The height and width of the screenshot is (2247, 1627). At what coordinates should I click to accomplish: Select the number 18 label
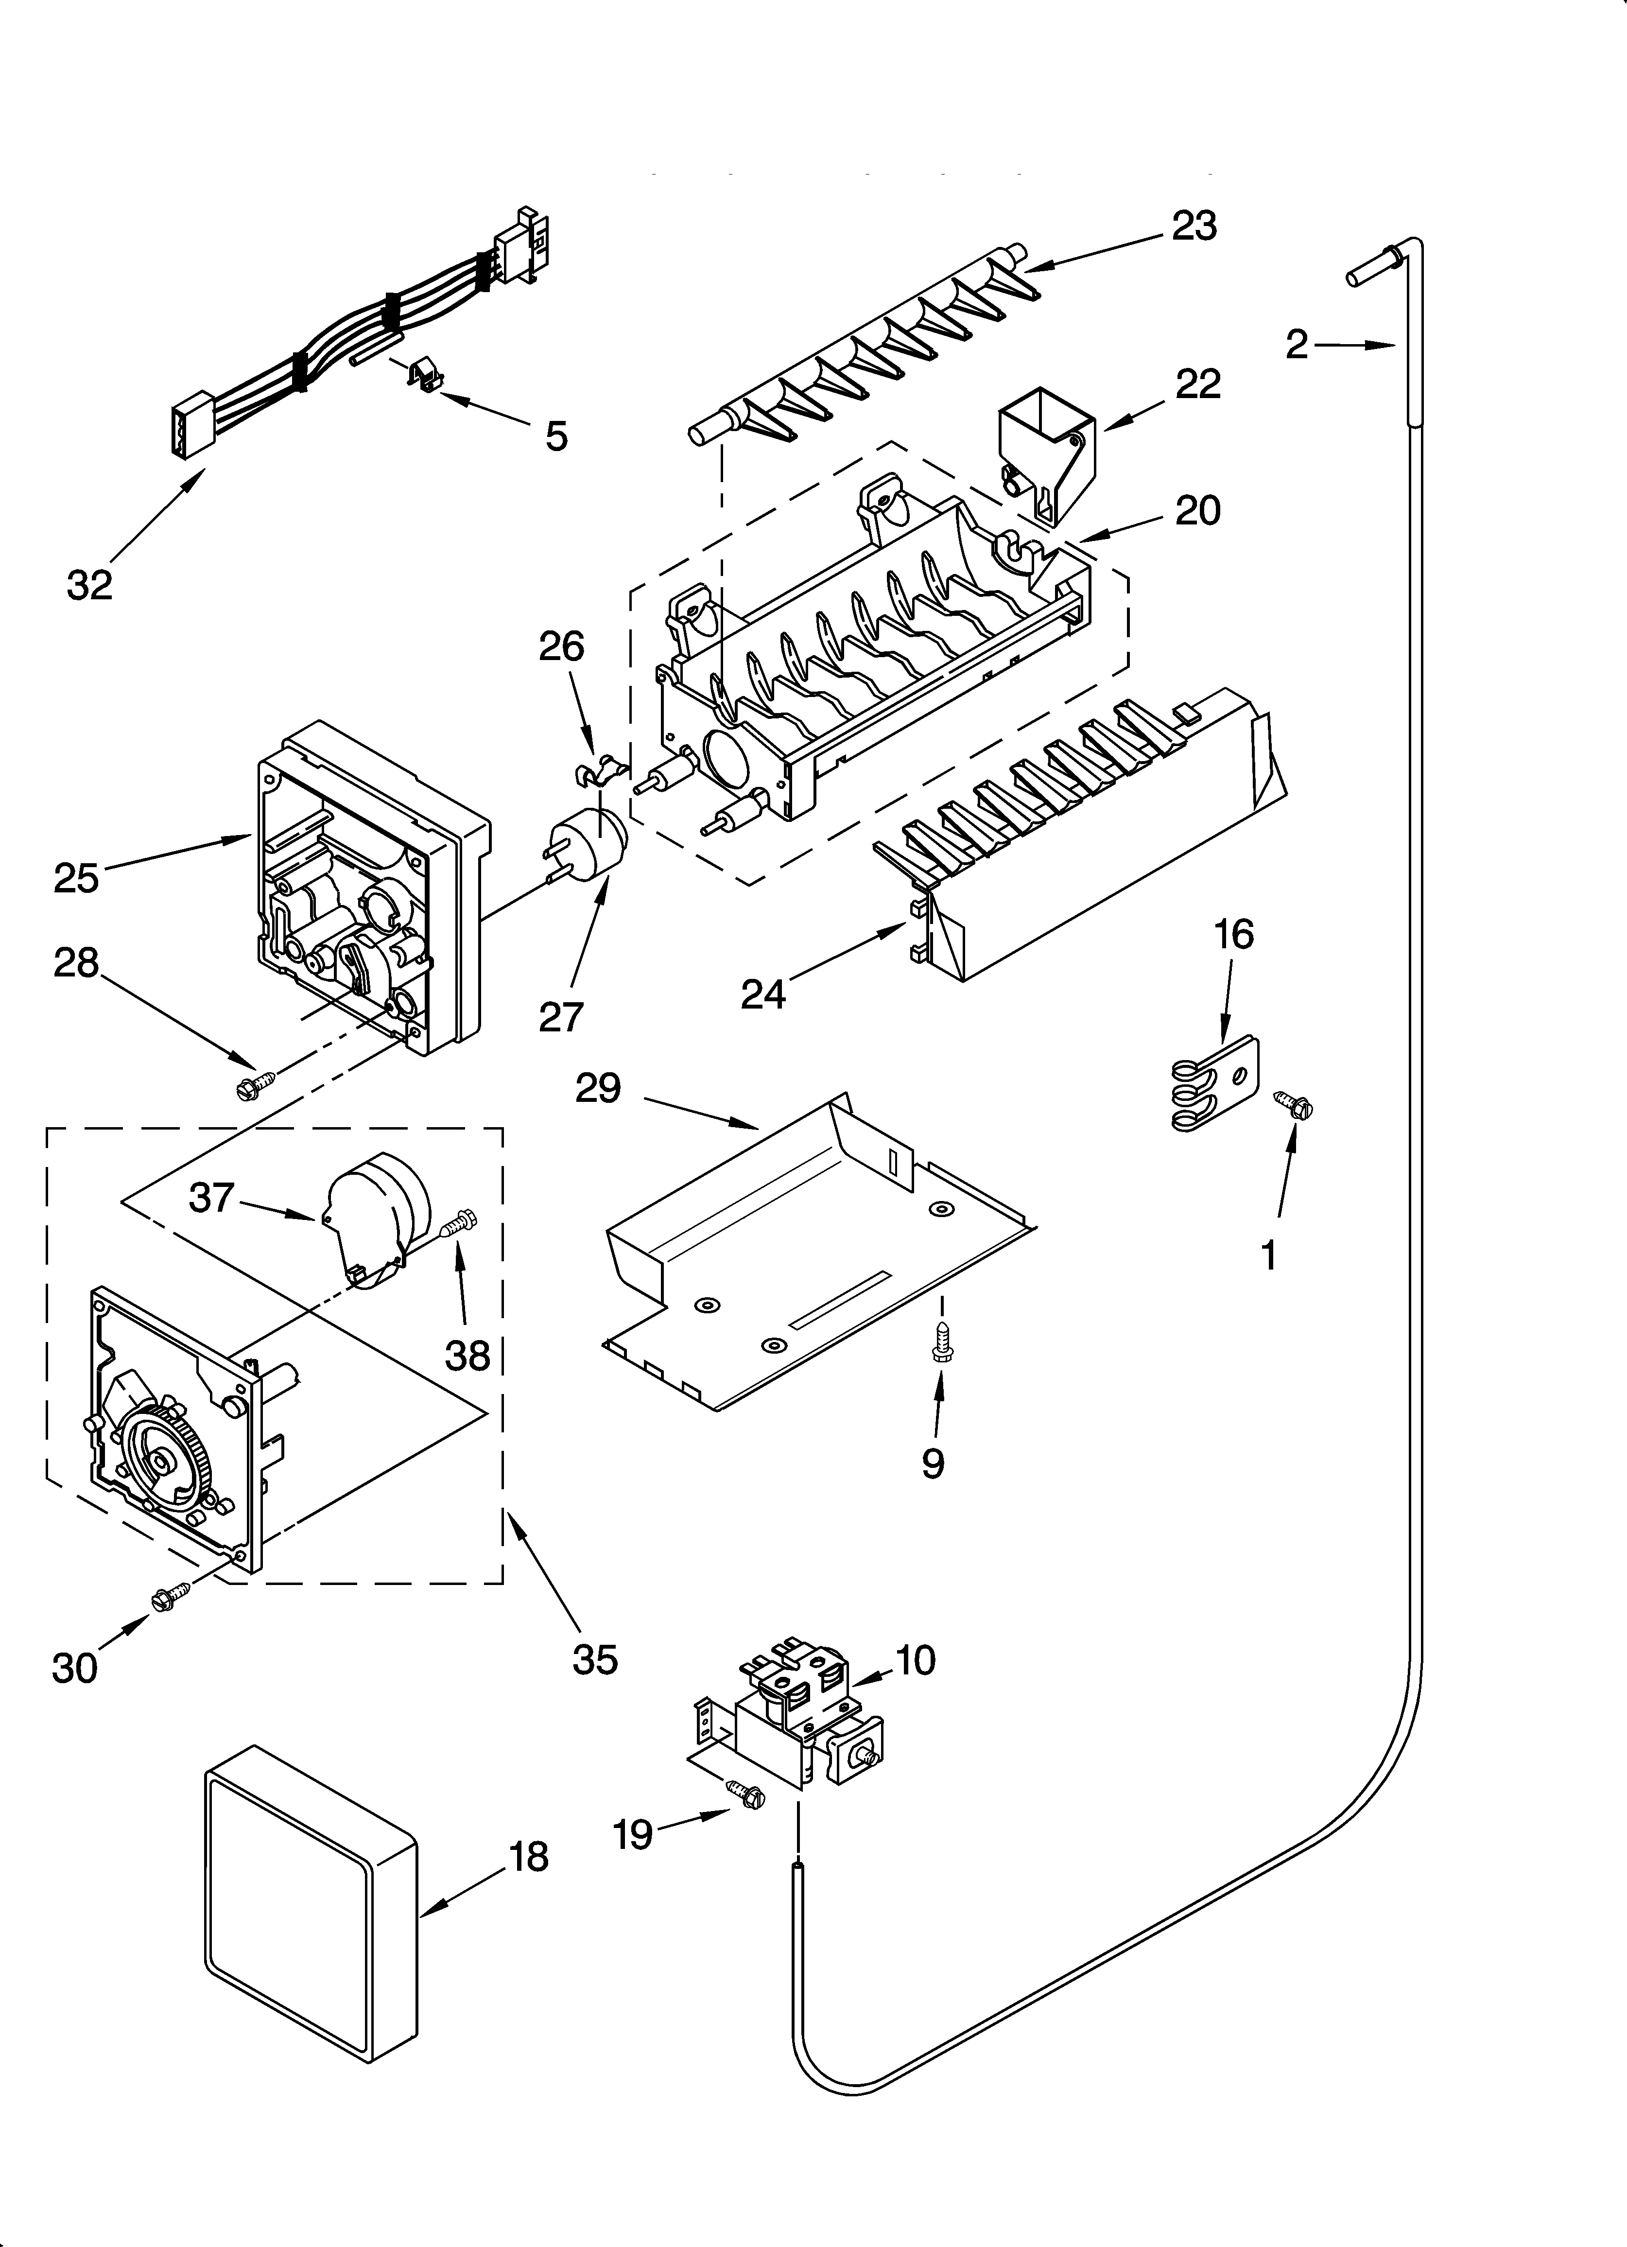[530, 1858]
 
